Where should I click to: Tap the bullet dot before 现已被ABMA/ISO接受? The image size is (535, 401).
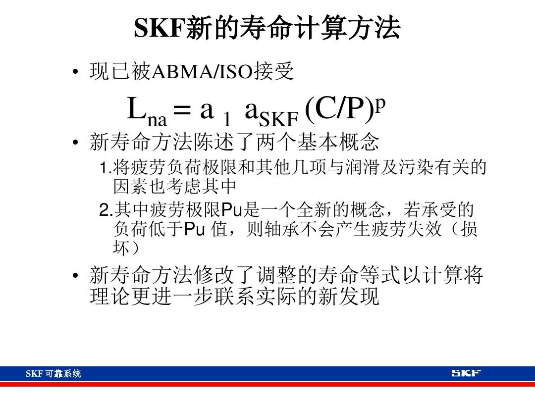(x=74, y=73)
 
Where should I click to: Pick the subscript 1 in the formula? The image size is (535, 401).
(x=226, y=119)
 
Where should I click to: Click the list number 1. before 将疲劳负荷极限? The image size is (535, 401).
(x=106, y=168)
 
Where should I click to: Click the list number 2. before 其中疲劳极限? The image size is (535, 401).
(x=106, y=211)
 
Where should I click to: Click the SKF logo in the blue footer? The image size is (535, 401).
(x=466, y=373)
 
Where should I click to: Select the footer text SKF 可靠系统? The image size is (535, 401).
(x=53, y=374)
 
